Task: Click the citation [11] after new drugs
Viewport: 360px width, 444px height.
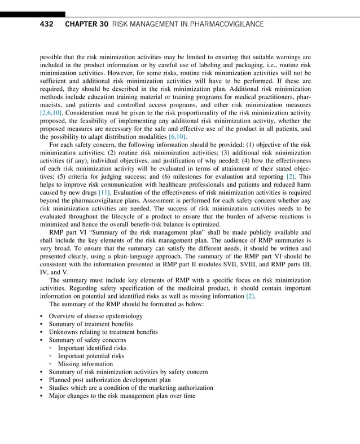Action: click(x=104, y=193)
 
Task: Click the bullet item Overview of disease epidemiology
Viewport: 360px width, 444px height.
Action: click(x=95, y=316)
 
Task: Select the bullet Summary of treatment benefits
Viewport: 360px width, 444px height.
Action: click(x=90, y=324)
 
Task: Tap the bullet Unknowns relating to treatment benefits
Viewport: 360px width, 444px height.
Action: click(x=103, y=332)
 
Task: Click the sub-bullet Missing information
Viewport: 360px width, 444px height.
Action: click(x=85, y=364)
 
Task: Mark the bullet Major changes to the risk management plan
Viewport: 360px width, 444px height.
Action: click(x=122, y=396)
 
